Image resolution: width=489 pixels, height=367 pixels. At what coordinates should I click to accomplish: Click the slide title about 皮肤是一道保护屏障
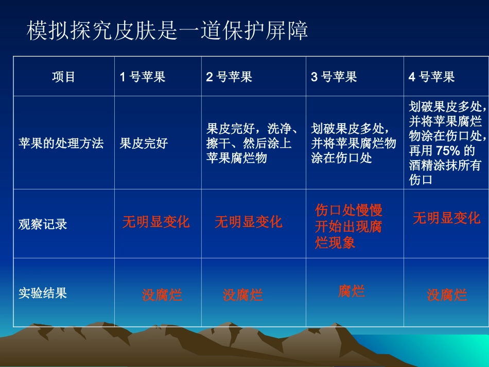click(167, 31)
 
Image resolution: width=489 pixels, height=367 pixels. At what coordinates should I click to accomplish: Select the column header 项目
click(64, 77)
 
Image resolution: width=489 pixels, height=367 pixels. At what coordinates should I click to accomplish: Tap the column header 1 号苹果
click(143, 77)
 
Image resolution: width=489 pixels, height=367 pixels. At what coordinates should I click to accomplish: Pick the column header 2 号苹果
click(229, 77)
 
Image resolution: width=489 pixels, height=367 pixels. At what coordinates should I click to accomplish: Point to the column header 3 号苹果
click(334, 77)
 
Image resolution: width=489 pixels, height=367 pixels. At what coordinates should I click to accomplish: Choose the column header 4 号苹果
click(431, 77)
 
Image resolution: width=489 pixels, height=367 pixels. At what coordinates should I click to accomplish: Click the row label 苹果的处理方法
click(61, 143)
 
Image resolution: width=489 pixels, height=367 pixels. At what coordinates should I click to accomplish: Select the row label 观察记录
click(43, 224)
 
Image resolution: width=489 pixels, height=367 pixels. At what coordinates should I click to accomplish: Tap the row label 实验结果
click(43, 293)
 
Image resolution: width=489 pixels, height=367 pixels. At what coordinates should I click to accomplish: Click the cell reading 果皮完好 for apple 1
click(144, 143)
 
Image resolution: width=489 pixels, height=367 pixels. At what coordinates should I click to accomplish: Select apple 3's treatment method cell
click(353, 143)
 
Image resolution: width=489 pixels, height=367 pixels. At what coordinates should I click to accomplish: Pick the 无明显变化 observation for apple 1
click(156, 222)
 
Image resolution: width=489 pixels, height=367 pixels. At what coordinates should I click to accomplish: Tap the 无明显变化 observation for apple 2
click(249, 222)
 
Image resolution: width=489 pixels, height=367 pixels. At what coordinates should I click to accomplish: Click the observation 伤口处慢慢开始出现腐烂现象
click(348, 226)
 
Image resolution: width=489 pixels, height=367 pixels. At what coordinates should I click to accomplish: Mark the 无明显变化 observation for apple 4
click(446, 218)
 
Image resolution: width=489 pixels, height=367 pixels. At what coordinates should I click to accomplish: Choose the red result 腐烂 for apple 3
click(352, 291)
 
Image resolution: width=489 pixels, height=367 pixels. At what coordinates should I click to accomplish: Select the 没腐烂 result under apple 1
click(162, 295)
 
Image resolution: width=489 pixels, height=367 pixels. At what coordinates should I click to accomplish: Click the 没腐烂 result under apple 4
click(447, 295)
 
